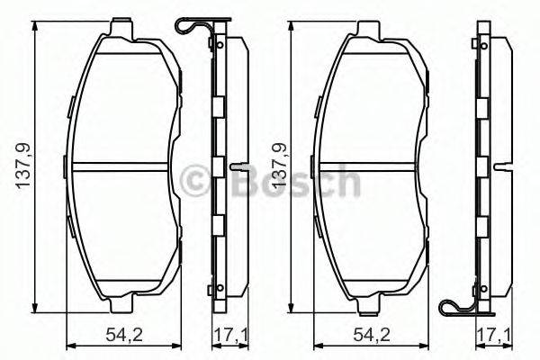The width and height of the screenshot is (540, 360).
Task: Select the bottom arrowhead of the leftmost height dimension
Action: coord(34,305)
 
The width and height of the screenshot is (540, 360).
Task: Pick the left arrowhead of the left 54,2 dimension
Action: coord(72,346)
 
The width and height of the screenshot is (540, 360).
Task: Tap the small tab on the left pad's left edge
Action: coord(67,165)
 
